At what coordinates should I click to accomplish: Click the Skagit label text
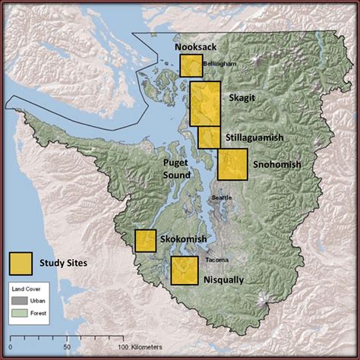[243, 98]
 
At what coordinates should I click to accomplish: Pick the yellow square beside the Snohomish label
[232, 164]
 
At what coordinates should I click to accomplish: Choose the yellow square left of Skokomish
[145, 241]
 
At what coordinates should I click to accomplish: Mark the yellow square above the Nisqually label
[184, 270]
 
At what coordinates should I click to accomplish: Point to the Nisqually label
[223, 279]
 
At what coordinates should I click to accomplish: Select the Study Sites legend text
[64, 263]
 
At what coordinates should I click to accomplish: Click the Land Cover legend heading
[30, 289]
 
